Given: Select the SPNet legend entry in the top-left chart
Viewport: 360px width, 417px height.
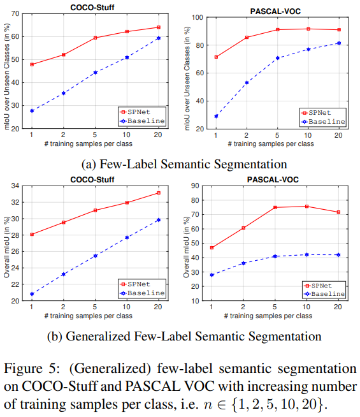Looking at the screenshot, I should click(145, 112).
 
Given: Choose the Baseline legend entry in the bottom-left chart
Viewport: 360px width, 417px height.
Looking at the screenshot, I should click(145, 293).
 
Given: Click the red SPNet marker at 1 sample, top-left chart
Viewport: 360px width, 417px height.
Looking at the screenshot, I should click(31, 64).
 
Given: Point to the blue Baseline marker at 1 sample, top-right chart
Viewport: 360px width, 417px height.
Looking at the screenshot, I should click(216, 116).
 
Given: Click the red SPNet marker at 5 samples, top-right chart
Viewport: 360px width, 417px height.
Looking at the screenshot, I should click(278, 29).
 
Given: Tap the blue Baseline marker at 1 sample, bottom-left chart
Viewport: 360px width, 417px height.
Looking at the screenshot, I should click(31, 294).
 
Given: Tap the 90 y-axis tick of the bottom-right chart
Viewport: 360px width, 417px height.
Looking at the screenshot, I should click(203, 186).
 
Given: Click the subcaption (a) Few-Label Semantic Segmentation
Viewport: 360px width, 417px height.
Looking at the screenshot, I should click(181, 163).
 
